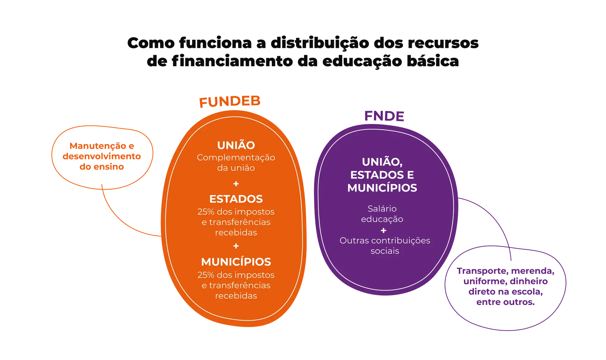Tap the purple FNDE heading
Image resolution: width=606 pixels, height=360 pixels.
[384, 116]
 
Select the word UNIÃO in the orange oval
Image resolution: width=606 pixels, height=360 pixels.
[236, 145]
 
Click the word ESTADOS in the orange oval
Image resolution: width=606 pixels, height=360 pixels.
[236, 199]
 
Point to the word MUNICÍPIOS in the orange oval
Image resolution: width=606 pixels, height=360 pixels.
[236, 262]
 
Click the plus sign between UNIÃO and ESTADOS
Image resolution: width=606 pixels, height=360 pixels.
[236, 184]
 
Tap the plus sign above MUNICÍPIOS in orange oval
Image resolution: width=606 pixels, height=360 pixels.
[236, 246]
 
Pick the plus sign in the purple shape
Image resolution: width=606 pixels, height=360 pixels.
[383, 230]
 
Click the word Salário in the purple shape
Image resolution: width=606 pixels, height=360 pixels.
[382, 209]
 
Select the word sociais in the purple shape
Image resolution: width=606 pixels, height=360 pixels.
[385, 251]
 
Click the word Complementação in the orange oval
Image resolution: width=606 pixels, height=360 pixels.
[236, 157]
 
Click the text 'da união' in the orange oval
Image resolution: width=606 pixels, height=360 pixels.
[236, 168]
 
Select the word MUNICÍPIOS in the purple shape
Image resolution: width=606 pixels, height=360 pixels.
[382, 188]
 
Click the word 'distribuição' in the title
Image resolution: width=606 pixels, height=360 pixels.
[319, 43]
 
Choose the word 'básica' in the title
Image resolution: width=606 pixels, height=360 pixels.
[432, 61]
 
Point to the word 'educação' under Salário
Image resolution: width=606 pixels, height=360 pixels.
[382, 219]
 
